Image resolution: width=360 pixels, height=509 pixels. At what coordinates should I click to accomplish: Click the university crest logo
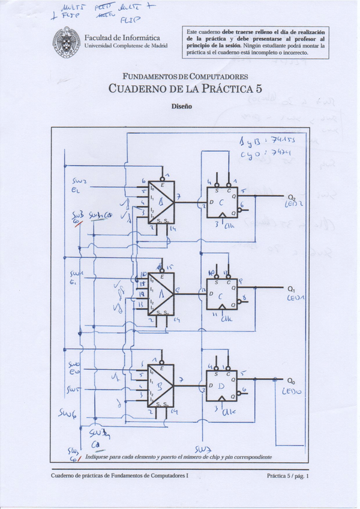click(x=67, y=43)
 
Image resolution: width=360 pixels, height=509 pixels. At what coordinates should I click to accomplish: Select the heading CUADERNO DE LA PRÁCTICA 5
click(x=184, y=88)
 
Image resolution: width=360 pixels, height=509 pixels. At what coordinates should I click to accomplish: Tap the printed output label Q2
click(x=292, y=197)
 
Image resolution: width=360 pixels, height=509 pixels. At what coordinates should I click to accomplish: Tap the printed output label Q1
click(x=292, y=289)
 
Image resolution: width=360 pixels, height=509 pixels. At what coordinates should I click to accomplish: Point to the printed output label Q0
click(x=292, y=381)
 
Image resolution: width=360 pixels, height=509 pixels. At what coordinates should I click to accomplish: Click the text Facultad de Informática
click(x=122, y=38)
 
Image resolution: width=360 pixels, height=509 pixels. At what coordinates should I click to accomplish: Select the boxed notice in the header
click(x=256, y=42)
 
